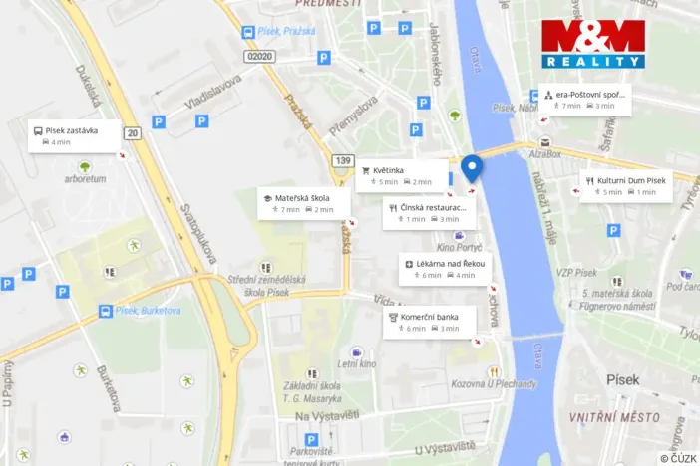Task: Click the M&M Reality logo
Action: coord(592,43)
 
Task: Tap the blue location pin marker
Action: coord(472,167)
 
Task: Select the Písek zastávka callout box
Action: coord(75,135)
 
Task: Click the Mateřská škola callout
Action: coord(303,203)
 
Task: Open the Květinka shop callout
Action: coord(402,175)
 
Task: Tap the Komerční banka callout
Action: coord(430,321)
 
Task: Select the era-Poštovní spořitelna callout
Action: coord(585,99)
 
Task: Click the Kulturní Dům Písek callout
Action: coord(626,185)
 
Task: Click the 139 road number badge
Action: coord(343,160)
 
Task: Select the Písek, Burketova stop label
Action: coord(145,311)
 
